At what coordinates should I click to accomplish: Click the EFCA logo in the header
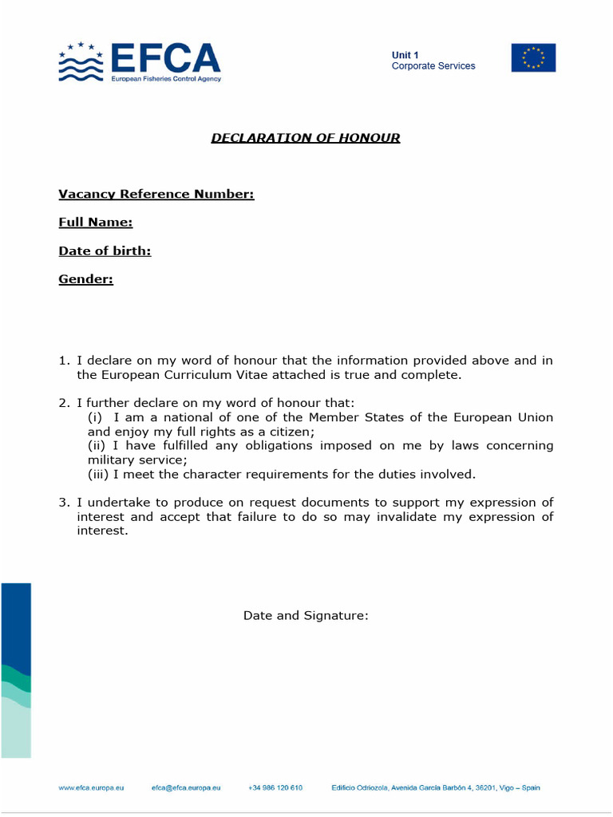click(140, 61)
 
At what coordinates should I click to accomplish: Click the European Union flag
click(533, 58)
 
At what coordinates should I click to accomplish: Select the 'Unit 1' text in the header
click(405, 55)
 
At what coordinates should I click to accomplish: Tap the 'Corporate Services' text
click(433, 66)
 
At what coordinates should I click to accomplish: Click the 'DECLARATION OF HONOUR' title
click(306, 138)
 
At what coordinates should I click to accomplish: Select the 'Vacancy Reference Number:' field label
click(156, 194)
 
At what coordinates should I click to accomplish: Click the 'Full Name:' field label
click(95, 223)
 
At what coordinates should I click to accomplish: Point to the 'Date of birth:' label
click(105, 251)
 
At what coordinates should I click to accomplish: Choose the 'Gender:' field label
click(85, 279)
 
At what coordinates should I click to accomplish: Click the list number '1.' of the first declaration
click(65, 361)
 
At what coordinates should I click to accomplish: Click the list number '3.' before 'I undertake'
click(65, 503)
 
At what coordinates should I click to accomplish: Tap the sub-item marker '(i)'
click(95, 418)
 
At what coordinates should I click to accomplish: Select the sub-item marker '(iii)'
click(99, 475)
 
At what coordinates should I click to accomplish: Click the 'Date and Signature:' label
click(306, 616)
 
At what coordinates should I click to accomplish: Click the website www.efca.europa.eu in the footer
click(91, 788)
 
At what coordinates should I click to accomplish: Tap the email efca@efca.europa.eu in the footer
click(186, 788)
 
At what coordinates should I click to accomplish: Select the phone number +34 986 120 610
click(275, 788)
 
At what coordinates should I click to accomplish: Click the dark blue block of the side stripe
click(16, 622)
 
